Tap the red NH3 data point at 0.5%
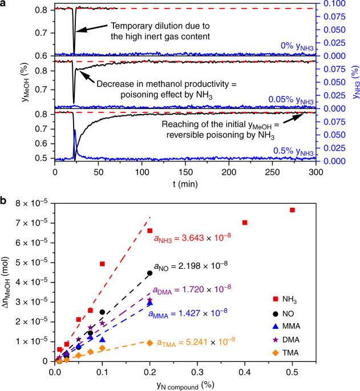pos(293,210)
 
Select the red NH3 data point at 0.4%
pos(245,223)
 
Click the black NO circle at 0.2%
pos(150,273)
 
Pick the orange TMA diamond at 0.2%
pos(149,342)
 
